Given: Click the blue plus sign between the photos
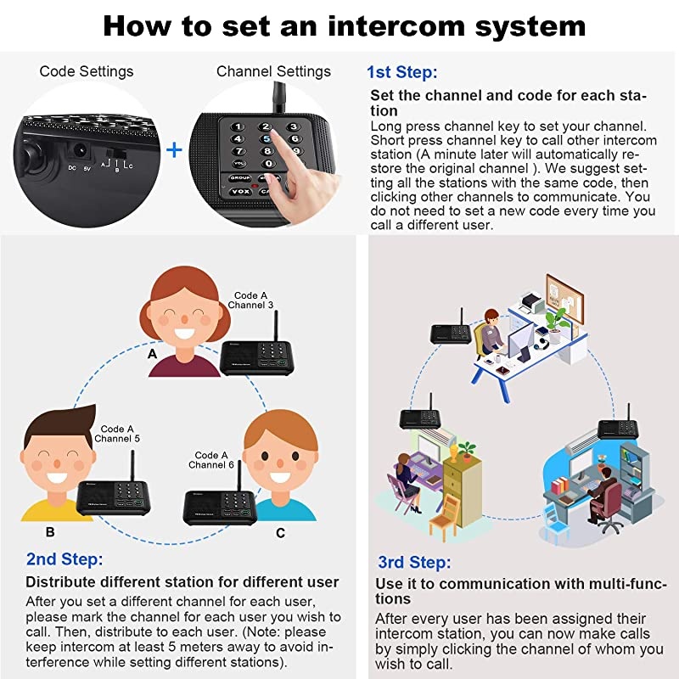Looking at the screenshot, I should click(174, 150).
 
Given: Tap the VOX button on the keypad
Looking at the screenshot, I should click(240, 192).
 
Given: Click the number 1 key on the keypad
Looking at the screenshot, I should click(239, 127).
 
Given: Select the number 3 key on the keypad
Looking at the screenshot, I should click(293, 128).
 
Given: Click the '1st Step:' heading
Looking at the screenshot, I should click(401, 72).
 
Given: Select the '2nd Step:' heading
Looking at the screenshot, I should click(65, 559).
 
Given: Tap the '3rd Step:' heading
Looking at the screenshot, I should click(415, 563).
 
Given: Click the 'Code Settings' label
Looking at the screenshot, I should click(87, 71).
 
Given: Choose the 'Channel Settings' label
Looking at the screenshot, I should click(273, 71).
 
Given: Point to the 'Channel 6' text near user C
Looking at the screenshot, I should click(211, 464).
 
